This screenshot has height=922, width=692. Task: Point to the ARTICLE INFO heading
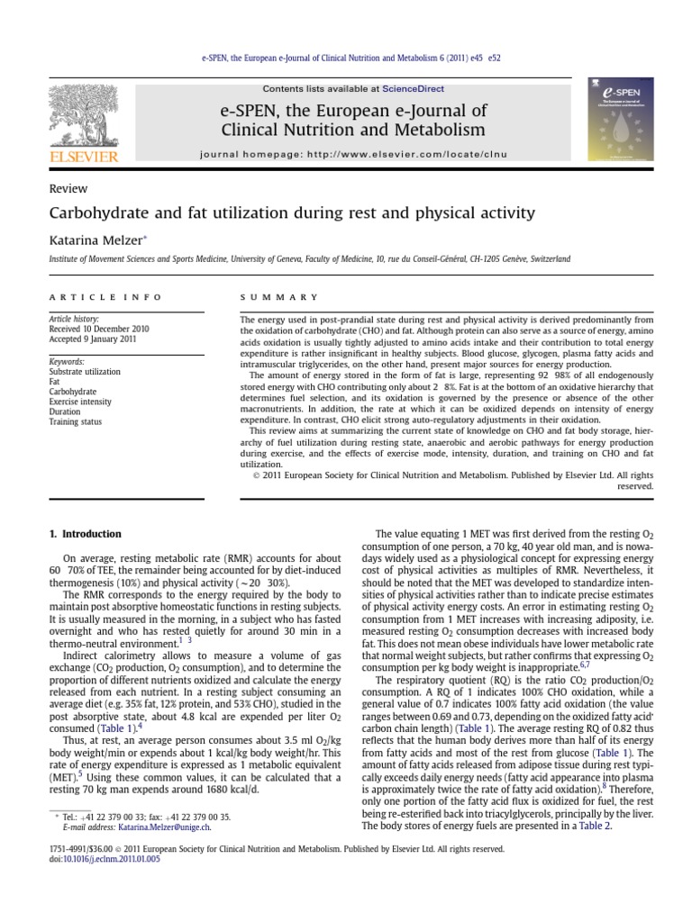tap(105, 296)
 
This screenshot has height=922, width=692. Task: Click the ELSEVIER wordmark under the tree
tap(84, 156)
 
